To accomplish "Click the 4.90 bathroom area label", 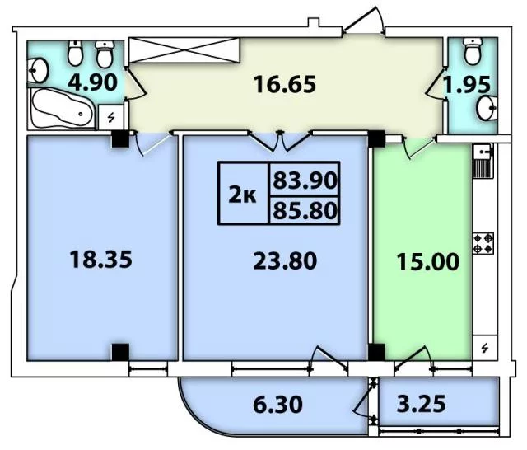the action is (x=92, y=82).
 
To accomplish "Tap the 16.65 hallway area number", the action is (x=285, y=84).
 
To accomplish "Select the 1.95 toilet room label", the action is (x=467, y=85).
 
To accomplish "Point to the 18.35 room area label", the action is (x=100, y=260).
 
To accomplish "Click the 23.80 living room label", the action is (x=285, y=261).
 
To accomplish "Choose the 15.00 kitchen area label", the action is (x=427, y=262).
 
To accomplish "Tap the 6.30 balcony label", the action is (x=277, y=405).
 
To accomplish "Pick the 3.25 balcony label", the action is (x=421, y=403).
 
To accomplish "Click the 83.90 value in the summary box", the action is (x=305, y=180).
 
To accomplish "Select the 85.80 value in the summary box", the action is (x=305, y=210).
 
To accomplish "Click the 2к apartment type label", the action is (x=242, y=195).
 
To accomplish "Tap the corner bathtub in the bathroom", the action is (x=63, y=108).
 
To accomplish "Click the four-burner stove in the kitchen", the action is (x=483, y=243).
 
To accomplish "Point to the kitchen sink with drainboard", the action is (x=483, y=161).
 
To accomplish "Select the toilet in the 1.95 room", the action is (x=473, y=51).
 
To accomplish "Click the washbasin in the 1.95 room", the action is (x=487, y=108).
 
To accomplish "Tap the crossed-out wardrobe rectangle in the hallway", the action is (x=184, y=50).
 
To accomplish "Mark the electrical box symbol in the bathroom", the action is (x=111, y=117).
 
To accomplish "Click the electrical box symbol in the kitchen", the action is (x=485, y=348).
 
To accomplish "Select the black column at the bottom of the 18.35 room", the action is (x=120, y=352).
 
